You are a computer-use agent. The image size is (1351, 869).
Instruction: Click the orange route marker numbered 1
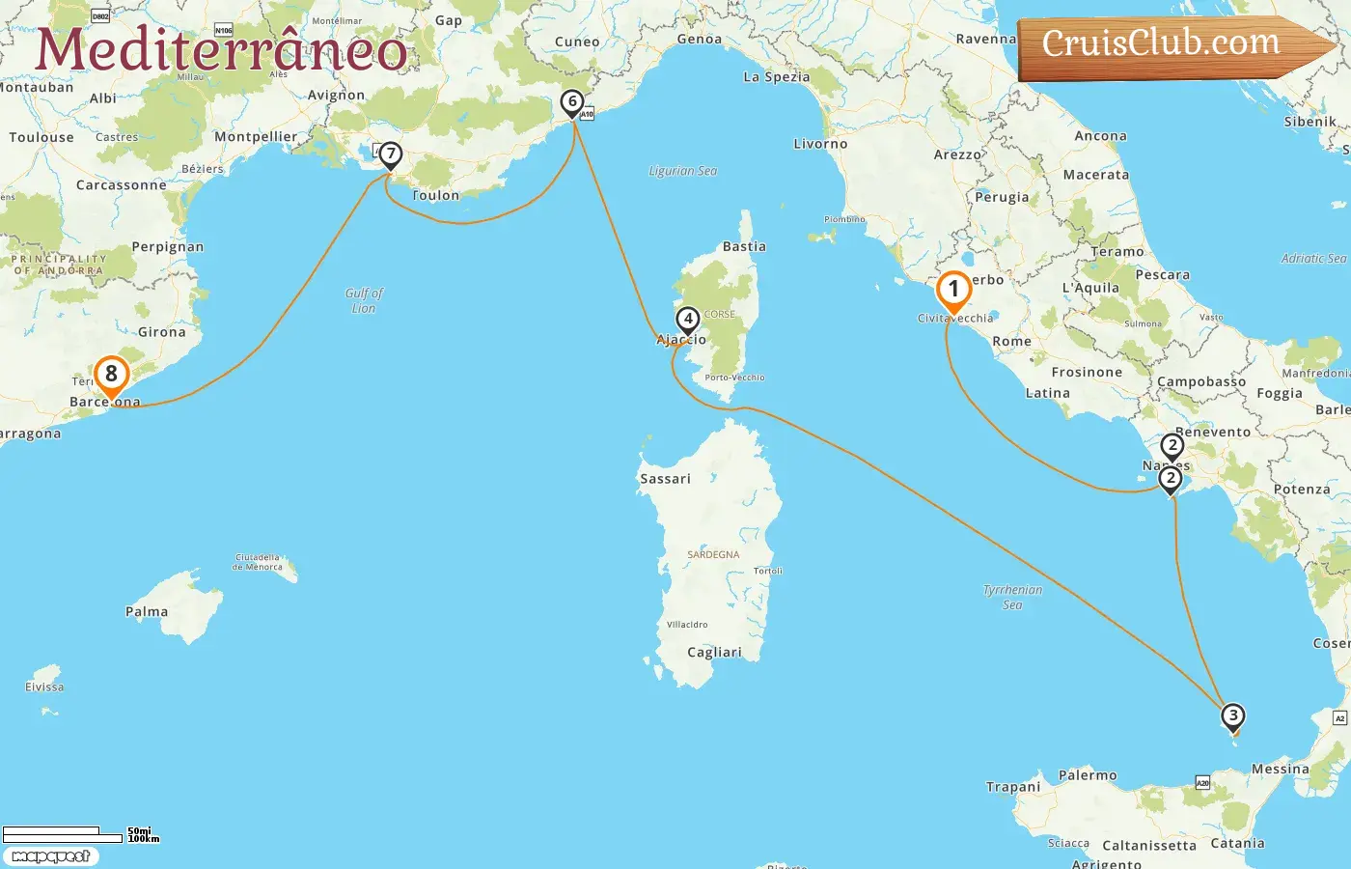click(x=953, y=290)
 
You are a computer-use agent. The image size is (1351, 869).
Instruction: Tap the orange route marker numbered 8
click(x=111, y=375)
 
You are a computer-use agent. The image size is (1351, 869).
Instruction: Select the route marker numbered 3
click(x=1232, y=716)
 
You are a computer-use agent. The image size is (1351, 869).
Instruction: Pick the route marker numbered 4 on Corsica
click(x=687, y=320)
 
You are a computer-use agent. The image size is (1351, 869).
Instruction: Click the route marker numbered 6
click(x=572, y=101)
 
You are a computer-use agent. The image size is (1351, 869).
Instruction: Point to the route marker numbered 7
click(x=390, y=154)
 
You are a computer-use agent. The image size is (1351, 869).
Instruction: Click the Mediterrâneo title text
click(x=221, y=50)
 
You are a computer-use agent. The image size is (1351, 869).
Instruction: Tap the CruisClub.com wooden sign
click(x=1168, y=44)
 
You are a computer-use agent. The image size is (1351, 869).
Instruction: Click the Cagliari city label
click(x=714, y=653)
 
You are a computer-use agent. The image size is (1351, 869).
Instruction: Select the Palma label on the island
click(x=147, y=612)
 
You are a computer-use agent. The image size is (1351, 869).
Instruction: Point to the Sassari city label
click(x=665, y=479)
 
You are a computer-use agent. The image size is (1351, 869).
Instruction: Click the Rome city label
click(x=1011, y=342)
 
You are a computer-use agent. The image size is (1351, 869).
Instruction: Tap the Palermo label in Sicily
click(x=1088, y=775)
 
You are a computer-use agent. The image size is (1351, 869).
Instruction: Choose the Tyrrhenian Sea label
click(x=1012, y=597)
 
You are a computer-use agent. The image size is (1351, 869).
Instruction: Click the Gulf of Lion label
click(x=364, y=300)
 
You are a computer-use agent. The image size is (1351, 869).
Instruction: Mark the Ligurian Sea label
click(x=682, y=171)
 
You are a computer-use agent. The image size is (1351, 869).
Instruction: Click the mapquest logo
click(x=50, y=856)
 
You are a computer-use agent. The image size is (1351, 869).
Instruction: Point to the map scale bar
click(x=64, y=834)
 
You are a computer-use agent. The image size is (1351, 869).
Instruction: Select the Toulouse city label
click(x=41, y=138)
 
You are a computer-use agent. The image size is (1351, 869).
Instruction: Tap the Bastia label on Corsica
click(x=744, y=247)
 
